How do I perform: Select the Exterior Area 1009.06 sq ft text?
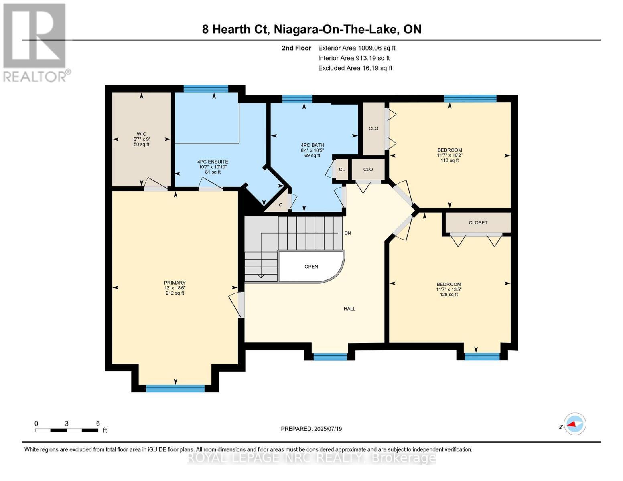pyautogui.click(x=356, y=48)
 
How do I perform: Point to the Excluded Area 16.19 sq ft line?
pyautogui.click(x=355, y=68)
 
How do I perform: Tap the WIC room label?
pyautogui.click(x=141, y=139)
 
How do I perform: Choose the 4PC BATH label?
pyautogui.click(x=312, y=150)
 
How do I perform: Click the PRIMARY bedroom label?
pyautogui.click(x=175, y=287)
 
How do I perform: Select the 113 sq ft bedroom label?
pyautogui.click(x=449, y=155)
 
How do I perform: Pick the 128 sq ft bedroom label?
pyautogui.click(x=448, y=289)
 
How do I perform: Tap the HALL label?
pyautogui.click(x=349, y=309)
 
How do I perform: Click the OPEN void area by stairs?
pyautogui.click(x=311, y=267)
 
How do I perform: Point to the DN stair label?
pyautogui.click(x=347, y=233)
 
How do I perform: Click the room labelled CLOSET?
pyautogui.click(x=478, y=222)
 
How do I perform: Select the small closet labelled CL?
pyautogui.click(x=342, y=170)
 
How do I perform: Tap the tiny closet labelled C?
pyautogui.click(x=280, y=205)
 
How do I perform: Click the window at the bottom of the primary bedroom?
pyautogui.click(x=175, y=388)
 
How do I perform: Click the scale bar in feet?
pyautogui.click(x=67, y=430)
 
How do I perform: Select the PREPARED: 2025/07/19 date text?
pyautogui.click(x=311, y=429)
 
